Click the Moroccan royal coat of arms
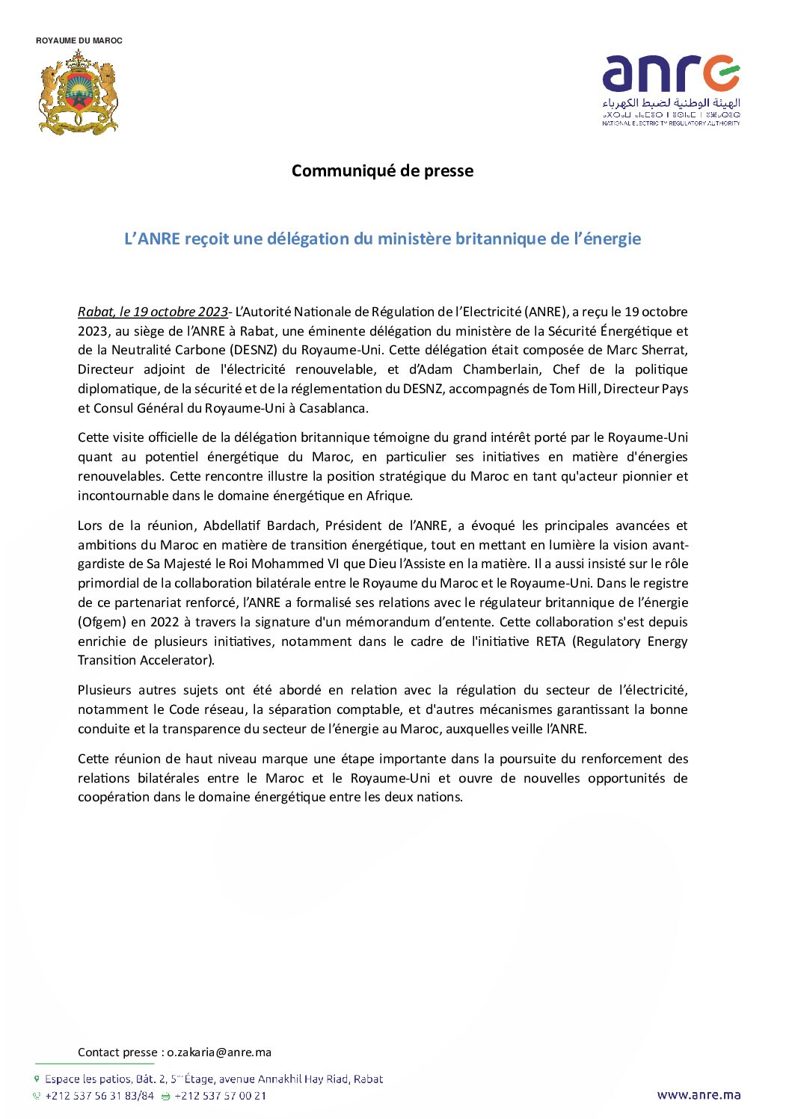[x=78, y=92]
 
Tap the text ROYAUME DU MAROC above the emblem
[x=79, y=40]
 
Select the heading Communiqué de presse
[x=382, y=170]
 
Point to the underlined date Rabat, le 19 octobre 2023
[x=153, y=312]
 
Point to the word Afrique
[x=389, y=496]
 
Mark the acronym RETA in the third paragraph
[x=550, y=641]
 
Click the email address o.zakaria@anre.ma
[x=219, y=1052]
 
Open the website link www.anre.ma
[x=699, y=1095]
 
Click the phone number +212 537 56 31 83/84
[x=99, y=1096]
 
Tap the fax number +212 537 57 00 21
[x=220, y=1096]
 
